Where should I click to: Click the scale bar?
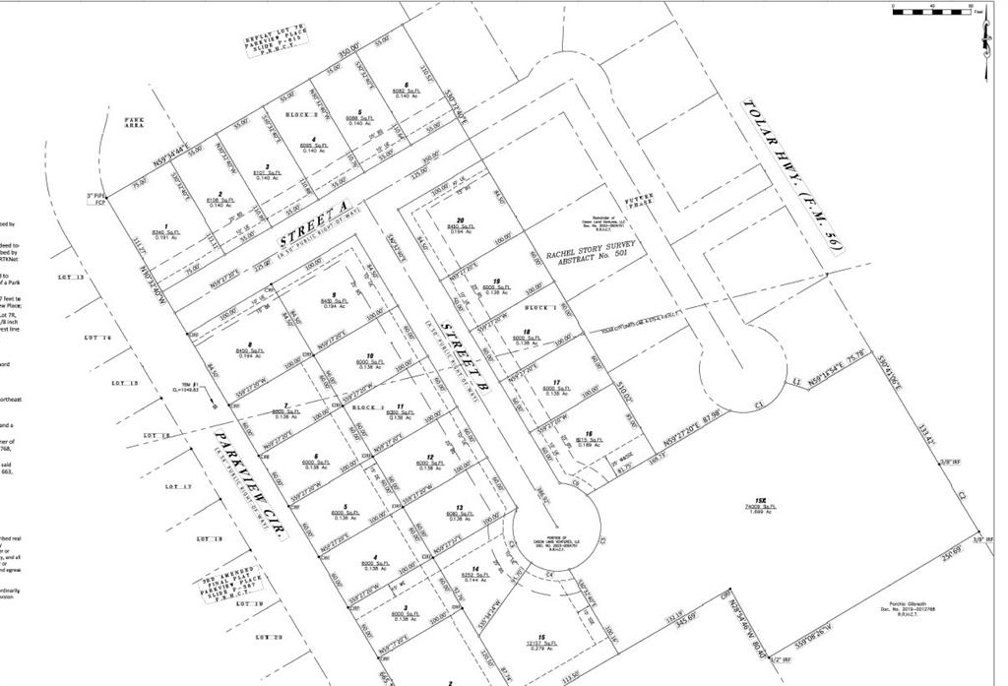(x=931, y=10)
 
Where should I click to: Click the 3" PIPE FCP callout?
(x=95, y=200)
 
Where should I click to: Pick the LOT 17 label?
(x=177, y=487)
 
